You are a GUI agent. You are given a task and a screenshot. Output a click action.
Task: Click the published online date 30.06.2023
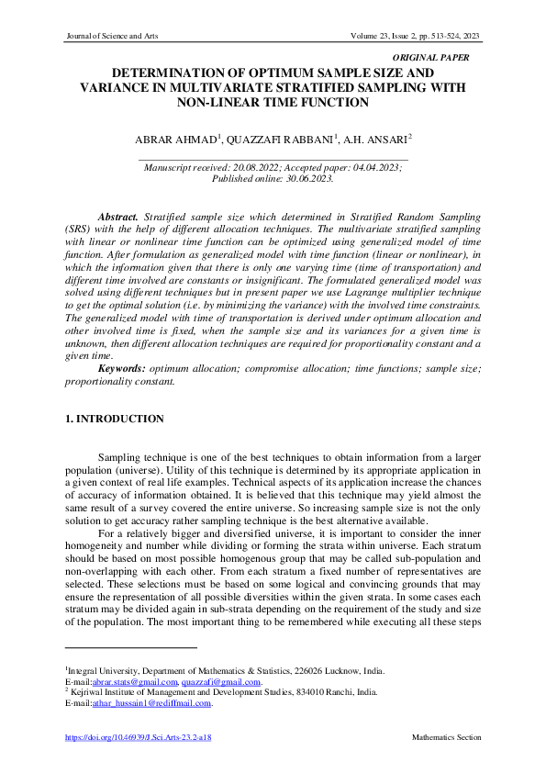306,180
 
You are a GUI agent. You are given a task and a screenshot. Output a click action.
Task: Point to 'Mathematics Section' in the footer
446,737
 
